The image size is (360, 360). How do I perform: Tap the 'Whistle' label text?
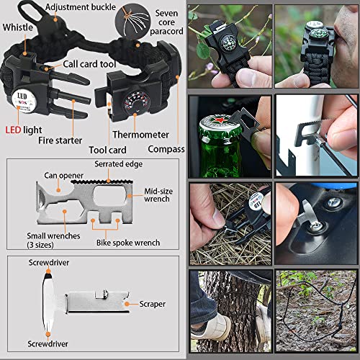pyautogui.click(x=17, y=27)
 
